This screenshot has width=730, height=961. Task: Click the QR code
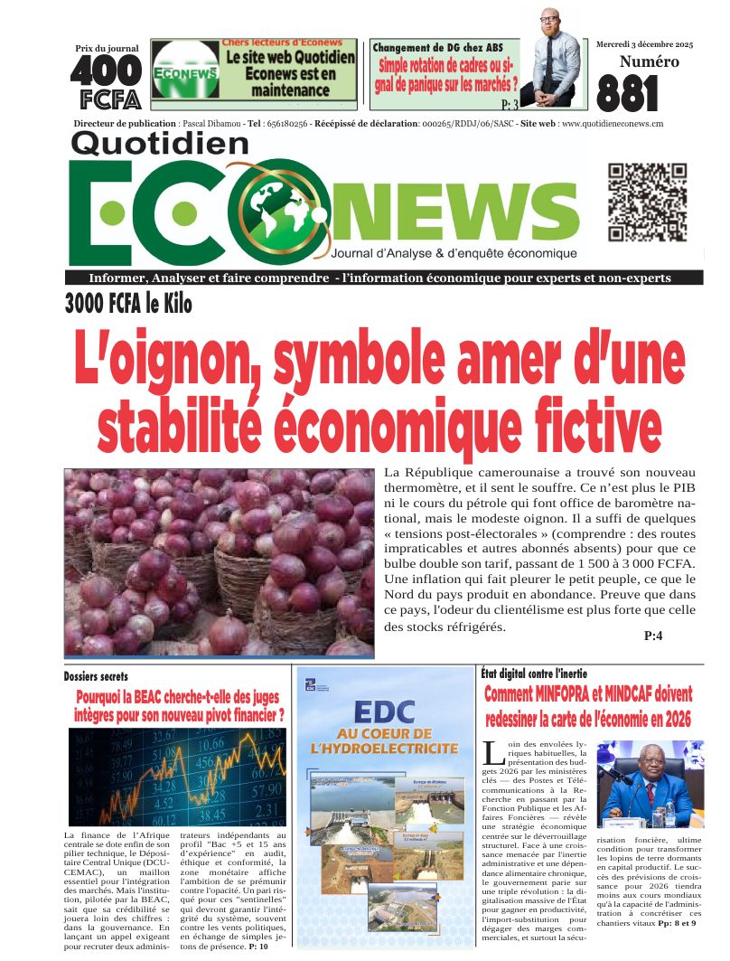641,202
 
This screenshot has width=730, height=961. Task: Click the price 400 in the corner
106,70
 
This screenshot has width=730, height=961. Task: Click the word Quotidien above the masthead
159,143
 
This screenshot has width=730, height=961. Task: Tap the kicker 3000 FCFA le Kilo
128,304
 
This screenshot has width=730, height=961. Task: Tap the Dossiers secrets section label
102,676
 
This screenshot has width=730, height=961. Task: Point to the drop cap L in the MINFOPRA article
492,751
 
